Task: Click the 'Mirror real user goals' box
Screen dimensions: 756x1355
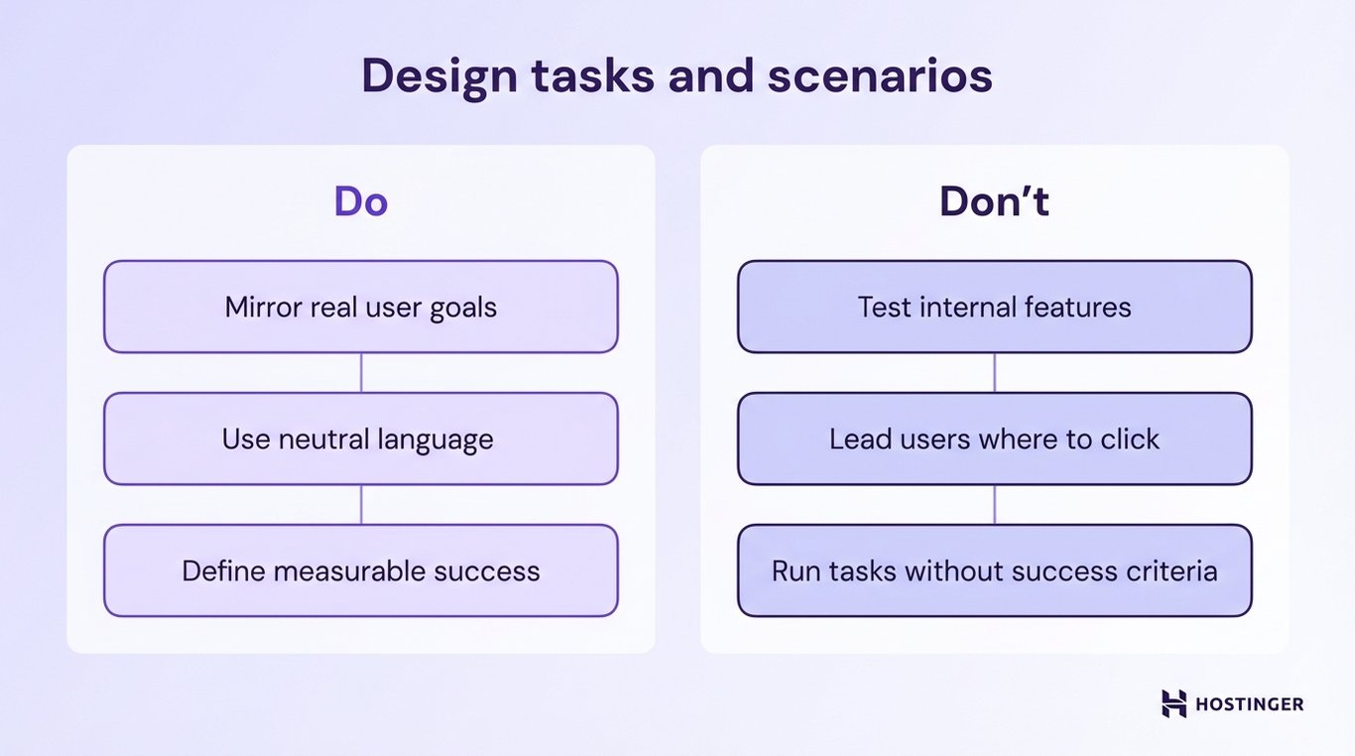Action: click(x=360, y=307)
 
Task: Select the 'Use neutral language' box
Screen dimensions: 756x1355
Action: click(x=360, y=439)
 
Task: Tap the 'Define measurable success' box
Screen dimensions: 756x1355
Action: click(x=360, y=570)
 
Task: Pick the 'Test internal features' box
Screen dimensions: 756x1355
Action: click(x=994, y=307)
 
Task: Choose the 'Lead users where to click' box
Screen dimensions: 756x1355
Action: click(x=994, y=439)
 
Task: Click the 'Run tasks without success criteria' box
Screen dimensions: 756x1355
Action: click(x=994, y=570)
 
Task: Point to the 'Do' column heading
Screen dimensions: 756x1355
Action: click(x=360, y=201)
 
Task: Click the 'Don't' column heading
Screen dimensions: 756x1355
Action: click(x=994, y=201)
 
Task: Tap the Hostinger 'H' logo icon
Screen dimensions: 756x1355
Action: click(x=1173, y=703)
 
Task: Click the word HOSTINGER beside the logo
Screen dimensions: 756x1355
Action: click(x=1250, y=704)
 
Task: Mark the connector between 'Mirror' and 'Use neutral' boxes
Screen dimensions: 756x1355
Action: click(x=361, y=372)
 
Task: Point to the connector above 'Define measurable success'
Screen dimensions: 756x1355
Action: click(x=361, y=504)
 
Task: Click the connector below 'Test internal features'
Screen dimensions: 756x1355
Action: click(x=994, y=372)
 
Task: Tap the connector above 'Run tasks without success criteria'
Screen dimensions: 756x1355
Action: click(x=994, y=504)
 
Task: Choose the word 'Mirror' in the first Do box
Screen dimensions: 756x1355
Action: click(x=261, y=307)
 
